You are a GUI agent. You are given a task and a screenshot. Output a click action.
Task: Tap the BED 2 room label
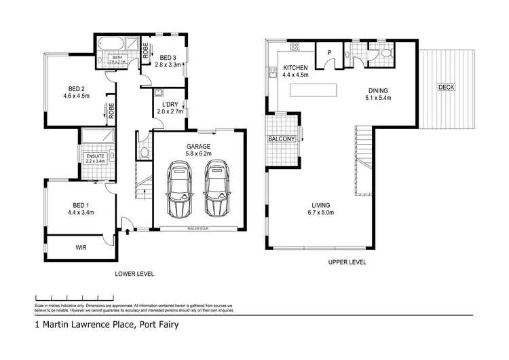(x=77, y=88)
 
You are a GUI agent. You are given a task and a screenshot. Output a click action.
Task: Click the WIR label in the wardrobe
(x=81, y=248)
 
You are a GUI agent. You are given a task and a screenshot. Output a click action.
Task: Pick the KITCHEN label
(x=296, y=68)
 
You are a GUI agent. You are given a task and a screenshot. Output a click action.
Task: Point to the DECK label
(x=446, y=87)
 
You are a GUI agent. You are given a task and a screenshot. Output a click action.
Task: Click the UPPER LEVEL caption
(x=348, y=261)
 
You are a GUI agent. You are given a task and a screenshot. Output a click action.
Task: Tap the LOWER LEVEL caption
(x=134, y=274)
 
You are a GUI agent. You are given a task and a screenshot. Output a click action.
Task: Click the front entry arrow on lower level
(x=128, y=232)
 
